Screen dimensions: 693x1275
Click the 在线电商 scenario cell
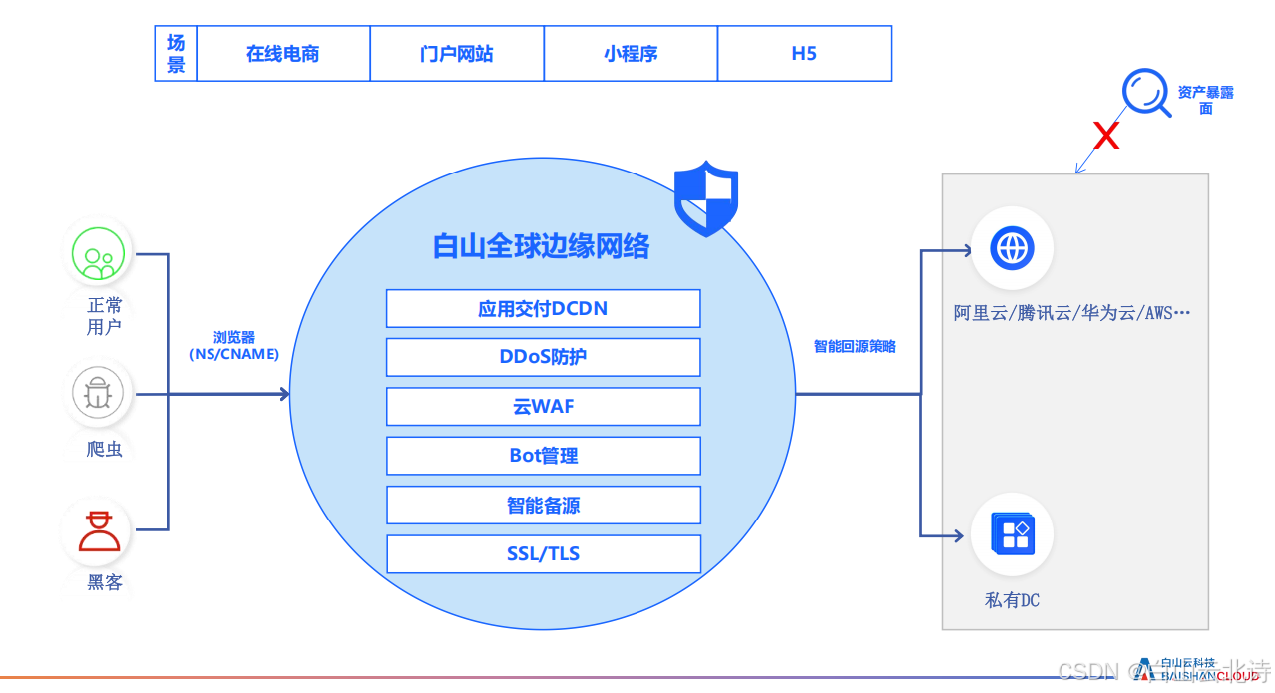point(283,54)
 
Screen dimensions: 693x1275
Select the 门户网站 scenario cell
point(457,54)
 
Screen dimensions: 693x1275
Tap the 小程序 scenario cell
point(631,54)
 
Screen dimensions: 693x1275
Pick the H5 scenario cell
point(804,54)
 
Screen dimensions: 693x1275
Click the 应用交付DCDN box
point(543,309)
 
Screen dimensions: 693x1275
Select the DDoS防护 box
point(543,357)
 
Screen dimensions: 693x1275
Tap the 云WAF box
point(543,406)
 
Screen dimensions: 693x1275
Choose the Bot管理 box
point(543,456)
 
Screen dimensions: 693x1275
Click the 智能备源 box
point(543,506)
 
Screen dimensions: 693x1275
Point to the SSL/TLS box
point(543,554)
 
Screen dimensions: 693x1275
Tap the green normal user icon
point(98,254)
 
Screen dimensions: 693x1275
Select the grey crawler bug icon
point(98,394)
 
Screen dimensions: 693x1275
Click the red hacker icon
point(98,531)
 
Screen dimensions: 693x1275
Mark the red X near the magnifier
point(1105,136)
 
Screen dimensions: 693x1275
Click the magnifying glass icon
point(1145,93)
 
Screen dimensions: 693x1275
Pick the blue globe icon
point(1012,247)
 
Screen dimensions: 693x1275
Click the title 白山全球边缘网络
point(541,246)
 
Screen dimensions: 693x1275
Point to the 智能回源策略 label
point(854,346)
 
